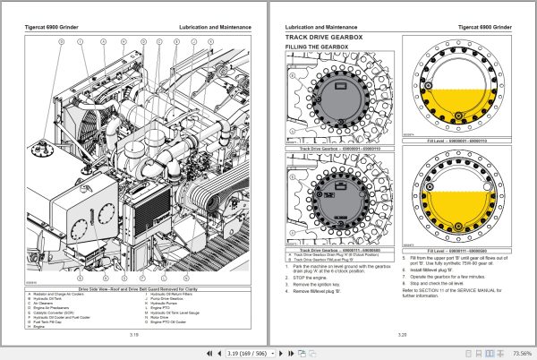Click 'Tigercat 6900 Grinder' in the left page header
pyautogui.click(x=52, y=28)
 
